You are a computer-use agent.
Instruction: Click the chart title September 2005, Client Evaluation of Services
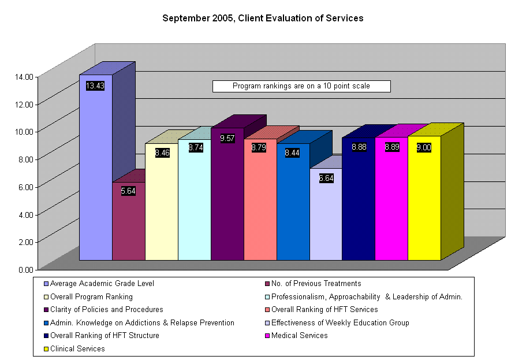[x=263, y=18]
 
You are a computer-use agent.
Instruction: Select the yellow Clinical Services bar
[x=424, y=202]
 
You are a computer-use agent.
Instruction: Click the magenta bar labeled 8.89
[x=391, y=202]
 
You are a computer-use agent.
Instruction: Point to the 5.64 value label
[x=128, y=191]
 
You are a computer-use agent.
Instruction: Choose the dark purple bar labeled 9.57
[x=227, y=196]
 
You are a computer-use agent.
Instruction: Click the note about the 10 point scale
[x=301, y=86]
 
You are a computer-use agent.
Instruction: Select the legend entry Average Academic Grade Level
[x=102, y=284]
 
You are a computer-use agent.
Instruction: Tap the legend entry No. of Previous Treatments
[x=319, y=284]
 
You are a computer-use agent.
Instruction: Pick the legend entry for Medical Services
[x=303, y=336]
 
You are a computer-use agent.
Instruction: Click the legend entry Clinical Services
[x=77, y=349]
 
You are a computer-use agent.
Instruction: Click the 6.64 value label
[x=326, y=178]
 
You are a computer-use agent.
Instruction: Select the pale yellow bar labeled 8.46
[x=161, y=208]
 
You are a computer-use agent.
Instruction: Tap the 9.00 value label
[x=424, y=147]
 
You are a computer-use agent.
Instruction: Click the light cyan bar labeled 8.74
[x=194, y=202]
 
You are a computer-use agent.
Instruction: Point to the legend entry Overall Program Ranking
[x=91, y=297]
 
